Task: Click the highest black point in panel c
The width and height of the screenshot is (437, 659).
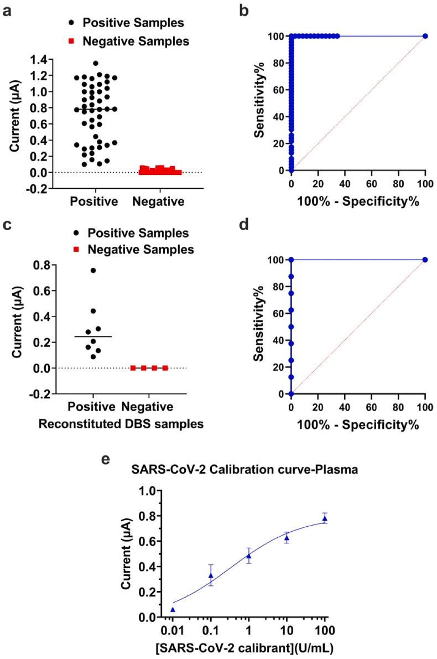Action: (x=93, y=271)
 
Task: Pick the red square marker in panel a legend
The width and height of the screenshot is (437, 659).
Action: (x=71, y=40)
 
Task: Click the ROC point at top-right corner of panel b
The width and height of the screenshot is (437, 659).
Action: (x=425, y=37)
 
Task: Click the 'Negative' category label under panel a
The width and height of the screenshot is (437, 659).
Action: (x=159, y=201)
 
